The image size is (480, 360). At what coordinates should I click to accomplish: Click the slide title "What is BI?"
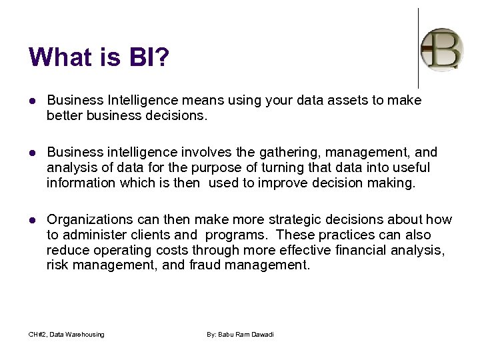point(99,57)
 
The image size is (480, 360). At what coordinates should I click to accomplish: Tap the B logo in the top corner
point(442,49)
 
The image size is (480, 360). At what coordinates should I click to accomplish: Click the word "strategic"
point(292,219)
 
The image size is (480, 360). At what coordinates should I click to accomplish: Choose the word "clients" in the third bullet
point(155,235)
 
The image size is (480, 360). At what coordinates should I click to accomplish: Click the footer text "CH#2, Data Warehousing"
point(66,334)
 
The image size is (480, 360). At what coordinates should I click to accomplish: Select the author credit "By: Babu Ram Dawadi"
point(240,334)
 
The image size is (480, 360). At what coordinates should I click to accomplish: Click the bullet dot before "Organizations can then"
point(33,220)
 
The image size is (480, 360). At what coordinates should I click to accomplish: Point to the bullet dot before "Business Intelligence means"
point(33,101)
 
